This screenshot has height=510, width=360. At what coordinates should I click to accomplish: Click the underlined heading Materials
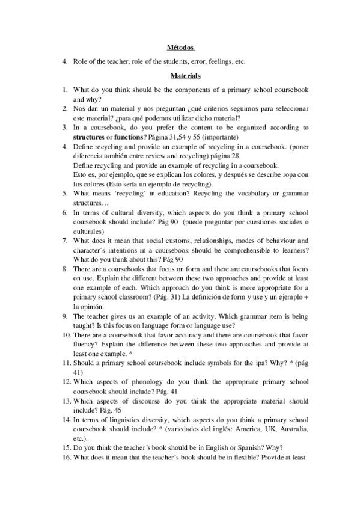(x=180, y=76)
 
